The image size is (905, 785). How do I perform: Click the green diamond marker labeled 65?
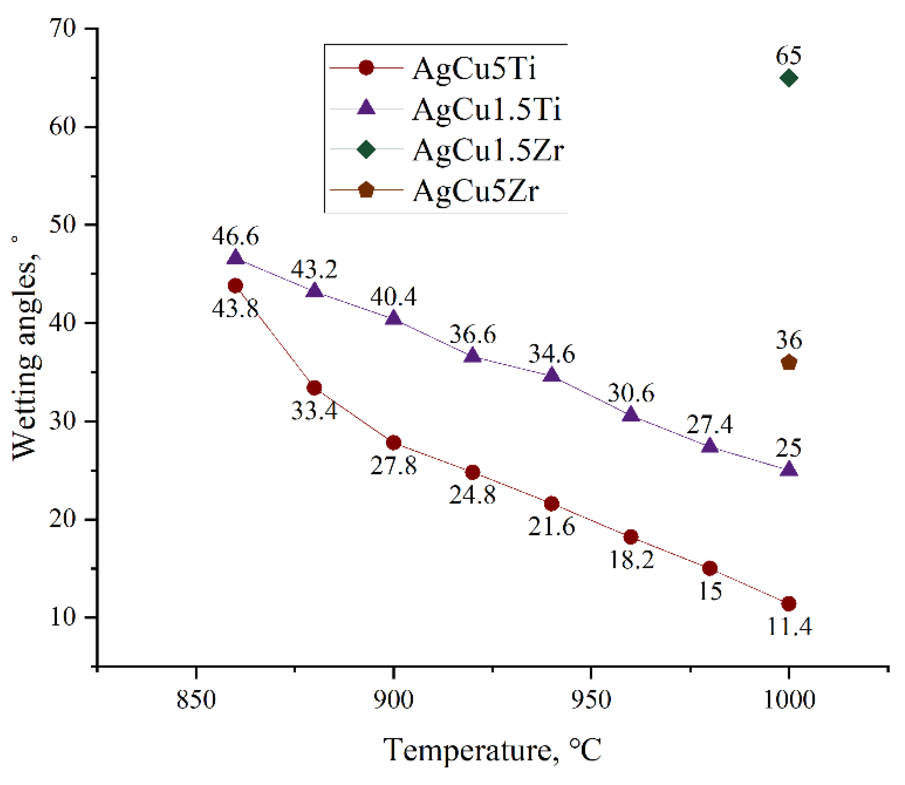point(789,79)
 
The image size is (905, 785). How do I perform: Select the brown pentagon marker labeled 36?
point(789,363)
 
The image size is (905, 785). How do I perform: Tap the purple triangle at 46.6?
point(236,257)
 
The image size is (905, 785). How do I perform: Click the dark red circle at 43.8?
point(236,286)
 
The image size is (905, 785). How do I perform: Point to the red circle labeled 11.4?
point(789,604)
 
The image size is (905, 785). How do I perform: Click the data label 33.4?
point(314,411)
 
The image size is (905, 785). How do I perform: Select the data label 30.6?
point(631,393)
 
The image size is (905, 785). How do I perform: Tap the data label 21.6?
point(551,526)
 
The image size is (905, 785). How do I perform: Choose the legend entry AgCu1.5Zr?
point(488,150)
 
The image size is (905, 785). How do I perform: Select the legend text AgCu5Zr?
point(476,191)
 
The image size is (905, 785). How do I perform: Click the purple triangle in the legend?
point(366,108)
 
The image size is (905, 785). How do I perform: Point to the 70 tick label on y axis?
point(63,29)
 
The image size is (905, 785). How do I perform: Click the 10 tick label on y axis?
point(63,617)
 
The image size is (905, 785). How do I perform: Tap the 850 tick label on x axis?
point(195,700)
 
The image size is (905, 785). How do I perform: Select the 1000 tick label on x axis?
point(789,700)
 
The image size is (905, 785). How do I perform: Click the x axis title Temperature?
point(492,750)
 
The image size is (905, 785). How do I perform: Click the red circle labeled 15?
point(710,569)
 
